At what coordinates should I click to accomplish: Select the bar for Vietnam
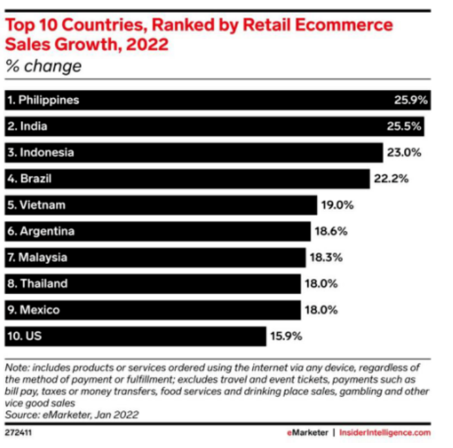tap(161, 205)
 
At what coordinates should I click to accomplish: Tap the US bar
tap(135, 336)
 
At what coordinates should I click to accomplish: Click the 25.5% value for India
tap(405, 126)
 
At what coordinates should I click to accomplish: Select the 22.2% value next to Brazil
tap(391, 179)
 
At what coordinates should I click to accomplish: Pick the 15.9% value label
tap(286, 336)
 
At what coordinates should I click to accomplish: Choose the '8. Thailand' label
tap(38, 284)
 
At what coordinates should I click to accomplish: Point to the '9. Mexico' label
tap(34, 310)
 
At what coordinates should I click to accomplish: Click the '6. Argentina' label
tap(41, 231)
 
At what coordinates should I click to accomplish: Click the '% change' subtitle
tap(43, 66)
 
